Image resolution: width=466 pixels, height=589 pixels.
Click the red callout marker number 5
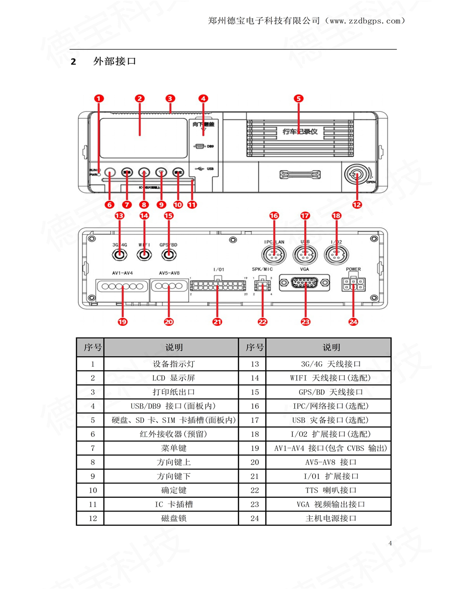pyautogui.click(x=299, y=98)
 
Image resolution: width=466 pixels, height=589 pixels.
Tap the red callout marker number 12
pyautogui.click(x=357, y=204)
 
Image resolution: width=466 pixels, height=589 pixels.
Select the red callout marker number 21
pyautogui.click(x=217, y=321)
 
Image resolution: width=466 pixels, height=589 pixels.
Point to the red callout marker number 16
pyautogui.click(x=274, y=215)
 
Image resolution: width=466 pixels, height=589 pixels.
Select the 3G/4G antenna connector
pyautogui.click(x=119, y=254)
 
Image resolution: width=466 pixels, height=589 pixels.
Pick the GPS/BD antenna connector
pyautogui.click(x=168, y=254)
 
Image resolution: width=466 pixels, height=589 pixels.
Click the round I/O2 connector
pyautogui.click(x=336, y=254)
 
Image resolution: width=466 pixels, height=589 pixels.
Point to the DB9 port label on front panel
pyautogui.click(x=209, y=146)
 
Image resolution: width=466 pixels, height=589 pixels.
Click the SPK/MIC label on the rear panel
pyautogui.click(x=262, y=269)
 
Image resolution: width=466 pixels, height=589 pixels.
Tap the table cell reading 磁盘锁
pyautogui.click(x=174, y=518)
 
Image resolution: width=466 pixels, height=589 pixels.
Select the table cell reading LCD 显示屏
pyautogui.click(x=174, y=378)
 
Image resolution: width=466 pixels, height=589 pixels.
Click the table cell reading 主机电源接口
pyautogui.click(x=331, y=518)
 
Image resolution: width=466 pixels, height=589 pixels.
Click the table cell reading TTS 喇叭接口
pyautogui.click(x=331, y=490)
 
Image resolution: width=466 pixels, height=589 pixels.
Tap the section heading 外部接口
pyautogui.click(x=114, y=61)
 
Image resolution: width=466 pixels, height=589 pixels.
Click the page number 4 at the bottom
pyautogui.click(x=390, y=543)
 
